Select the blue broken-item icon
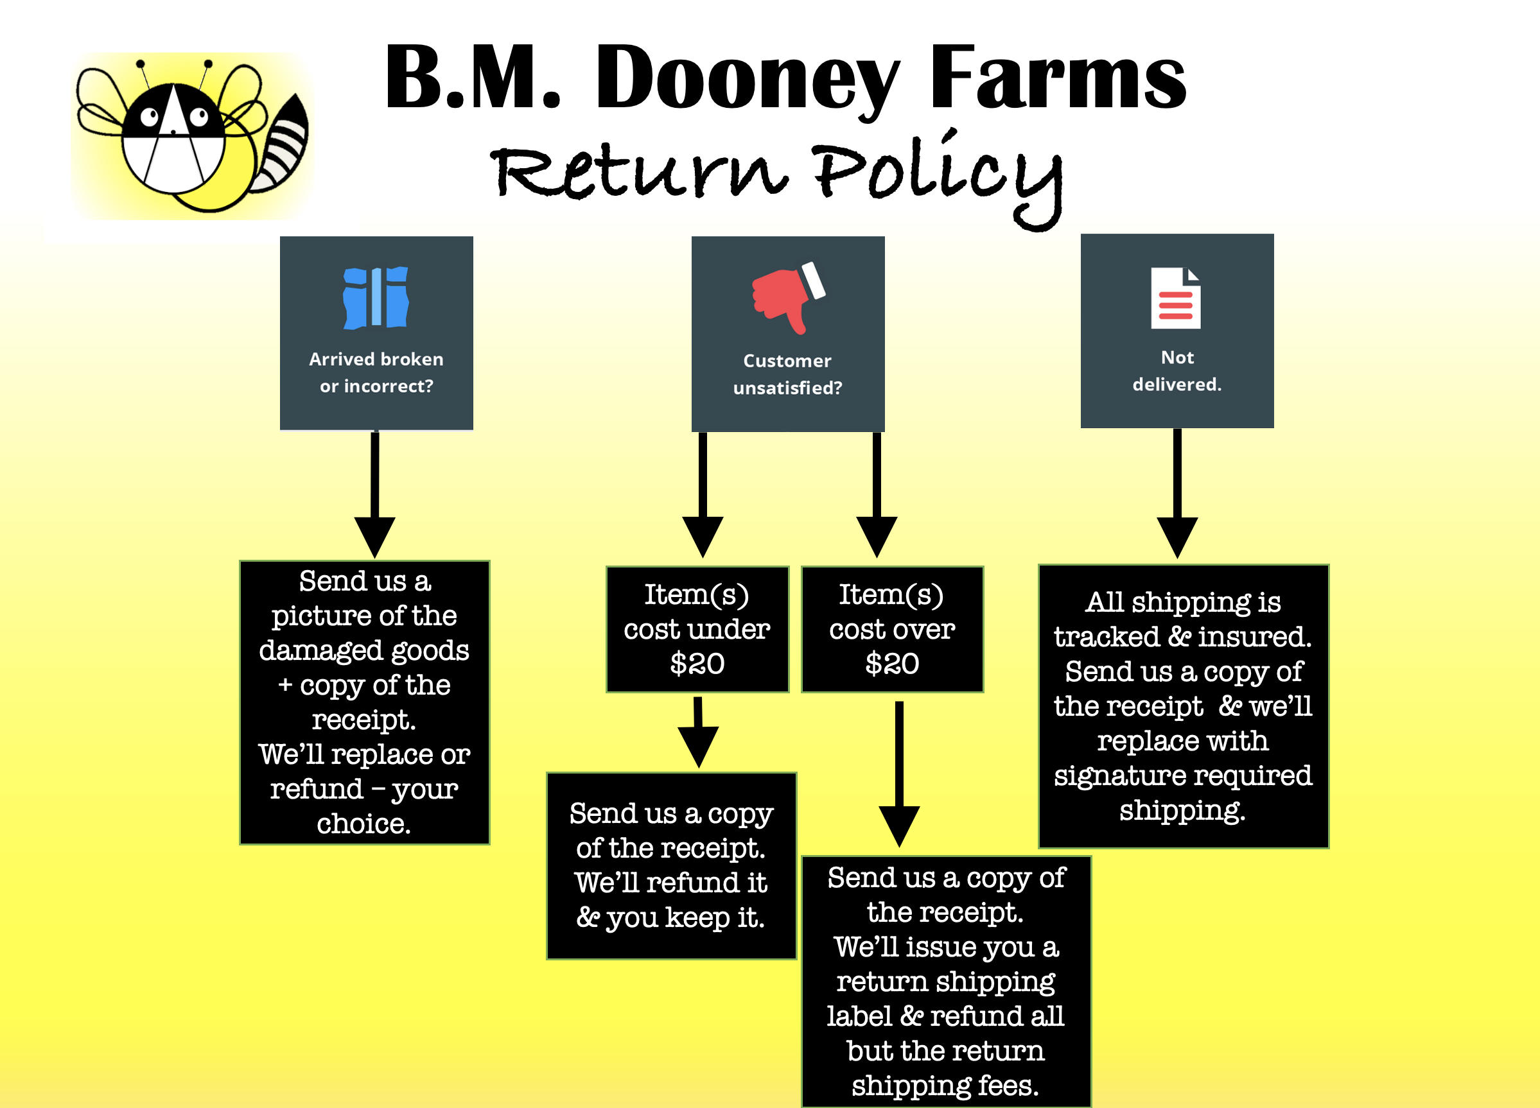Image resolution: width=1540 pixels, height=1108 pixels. tap(376, 298)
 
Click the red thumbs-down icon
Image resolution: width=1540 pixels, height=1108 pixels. tap(787, 297)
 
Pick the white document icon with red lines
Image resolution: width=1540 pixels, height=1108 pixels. tap(1175, 298)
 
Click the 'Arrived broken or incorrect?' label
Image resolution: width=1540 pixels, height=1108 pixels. tap(376, 372)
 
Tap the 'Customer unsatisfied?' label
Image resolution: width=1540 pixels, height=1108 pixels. tap(787, 374)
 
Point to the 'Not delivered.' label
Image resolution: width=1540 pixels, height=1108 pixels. tap(1177, 370)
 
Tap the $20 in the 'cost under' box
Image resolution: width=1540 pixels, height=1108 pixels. tap(697, 663)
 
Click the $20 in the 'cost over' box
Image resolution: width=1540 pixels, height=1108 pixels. tap(892, 663)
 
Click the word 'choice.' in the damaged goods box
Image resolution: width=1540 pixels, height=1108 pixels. tap(363, 824)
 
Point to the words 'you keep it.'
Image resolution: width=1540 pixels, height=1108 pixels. tap(685, 917)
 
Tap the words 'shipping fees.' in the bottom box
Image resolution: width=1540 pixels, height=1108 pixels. tap(945, 1085)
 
